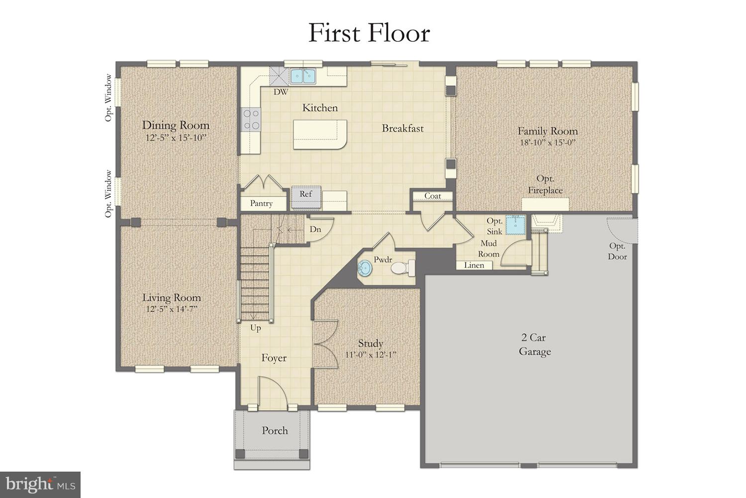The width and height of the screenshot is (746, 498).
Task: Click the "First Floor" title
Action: (x=369, y=33)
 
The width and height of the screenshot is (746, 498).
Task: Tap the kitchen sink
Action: (x=303, y=76)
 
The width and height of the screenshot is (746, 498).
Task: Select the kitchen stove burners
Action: (x=251, y=120)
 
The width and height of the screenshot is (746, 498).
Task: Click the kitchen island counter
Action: (x=320, y=134)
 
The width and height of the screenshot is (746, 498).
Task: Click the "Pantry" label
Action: (x=261, y=203)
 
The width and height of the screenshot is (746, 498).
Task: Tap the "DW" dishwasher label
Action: (x=280, y=92)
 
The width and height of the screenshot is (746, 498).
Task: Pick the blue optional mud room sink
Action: (x=516, y=224)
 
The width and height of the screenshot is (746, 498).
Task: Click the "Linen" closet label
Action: (x=474, y=265)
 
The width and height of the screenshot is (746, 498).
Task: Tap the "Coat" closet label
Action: (x=432, y=196)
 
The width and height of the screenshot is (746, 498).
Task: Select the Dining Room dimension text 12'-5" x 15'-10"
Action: (x=176, y=138)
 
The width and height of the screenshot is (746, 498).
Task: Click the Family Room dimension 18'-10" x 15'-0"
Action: (x=547, y=142)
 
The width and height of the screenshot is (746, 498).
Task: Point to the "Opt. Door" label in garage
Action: (x=617, y=251)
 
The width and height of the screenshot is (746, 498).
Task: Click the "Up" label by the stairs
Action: (x=256, y=328)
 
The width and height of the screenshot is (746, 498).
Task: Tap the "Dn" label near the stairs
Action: (x=315, y=230)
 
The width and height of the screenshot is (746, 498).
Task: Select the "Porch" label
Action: (x=275, y=431)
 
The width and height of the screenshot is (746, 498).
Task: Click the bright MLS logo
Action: (x=40, y=484)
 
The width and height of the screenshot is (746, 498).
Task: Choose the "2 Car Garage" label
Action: (x=535, y=345)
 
